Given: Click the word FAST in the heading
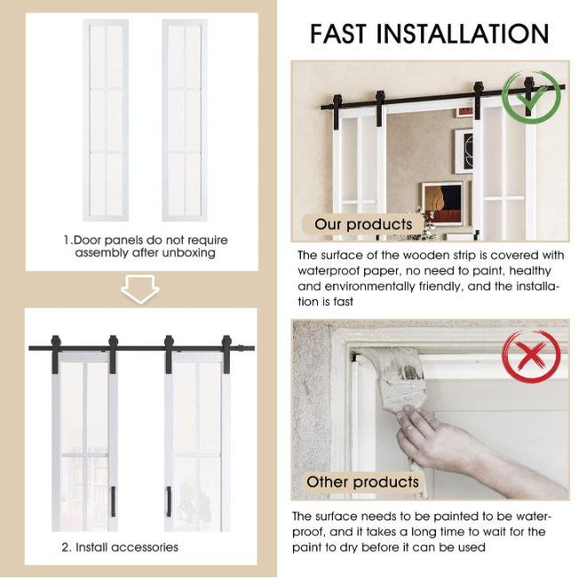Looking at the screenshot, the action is [338, 34].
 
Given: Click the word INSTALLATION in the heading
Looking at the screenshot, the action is [463, 34].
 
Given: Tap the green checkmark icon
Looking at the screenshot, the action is [532, 97].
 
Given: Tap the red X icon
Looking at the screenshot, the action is [532, 355].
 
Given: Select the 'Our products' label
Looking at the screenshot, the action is [363, 225].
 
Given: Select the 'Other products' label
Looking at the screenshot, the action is [363, 482].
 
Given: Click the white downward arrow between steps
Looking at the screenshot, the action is [140, 289].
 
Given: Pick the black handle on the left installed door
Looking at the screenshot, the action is [113, 502].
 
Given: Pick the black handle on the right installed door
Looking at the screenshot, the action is [169, 502].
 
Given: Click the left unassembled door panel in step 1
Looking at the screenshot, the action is [106, 121].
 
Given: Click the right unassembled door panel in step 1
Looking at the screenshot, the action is [185, 121].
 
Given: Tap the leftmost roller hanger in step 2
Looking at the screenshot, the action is [56, 353].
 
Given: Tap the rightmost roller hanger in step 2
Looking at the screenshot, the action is [226, 353].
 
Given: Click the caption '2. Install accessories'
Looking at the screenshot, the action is [120, 547].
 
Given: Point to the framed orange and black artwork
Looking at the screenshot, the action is [442, 202].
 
